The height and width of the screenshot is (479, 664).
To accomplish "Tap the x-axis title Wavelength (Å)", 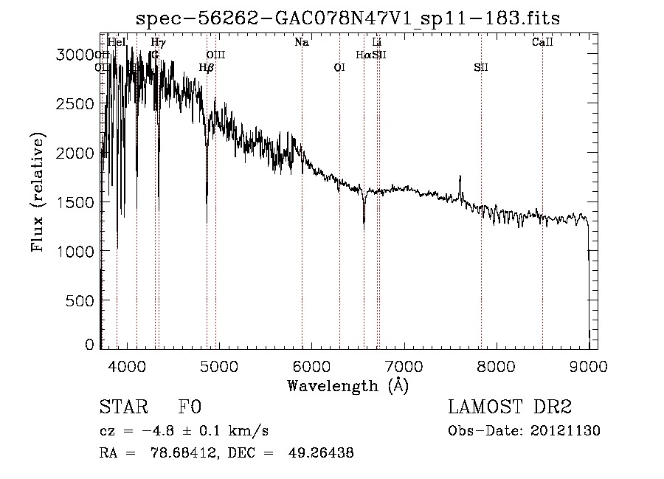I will click(x=347, y=385).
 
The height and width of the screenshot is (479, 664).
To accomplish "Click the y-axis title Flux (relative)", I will click(x=38, y=192).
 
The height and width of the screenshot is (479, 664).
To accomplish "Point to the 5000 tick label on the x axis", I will click(x=218, y=365).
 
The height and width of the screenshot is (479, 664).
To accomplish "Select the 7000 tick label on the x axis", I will click(x=404, y=365).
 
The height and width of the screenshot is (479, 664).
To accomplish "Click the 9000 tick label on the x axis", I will click(x=588, y=365).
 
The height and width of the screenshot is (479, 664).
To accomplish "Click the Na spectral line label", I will click(x=301, y=43).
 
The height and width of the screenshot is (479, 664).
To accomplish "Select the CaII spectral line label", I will click(x=542, y=43).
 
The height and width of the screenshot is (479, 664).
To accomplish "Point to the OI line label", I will click(x=339, y=68).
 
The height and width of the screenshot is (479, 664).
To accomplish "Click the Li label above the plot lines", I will click(x=377, y=43).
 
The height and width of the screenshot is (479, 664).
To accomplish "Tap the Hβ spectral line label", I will click(x=207, y=68).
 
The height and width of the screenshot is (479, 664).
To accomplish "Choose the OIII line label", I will click(x=215, y=55).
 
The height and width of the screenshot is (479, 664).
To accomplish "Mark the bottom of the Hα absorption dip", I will click(x=364, y=221).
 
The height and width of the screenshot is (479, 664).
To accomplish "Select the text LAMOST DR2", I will click(x=509, y=408).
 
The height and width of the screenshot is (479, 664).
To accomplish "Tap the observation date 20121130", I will click(x=569, y=431).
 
